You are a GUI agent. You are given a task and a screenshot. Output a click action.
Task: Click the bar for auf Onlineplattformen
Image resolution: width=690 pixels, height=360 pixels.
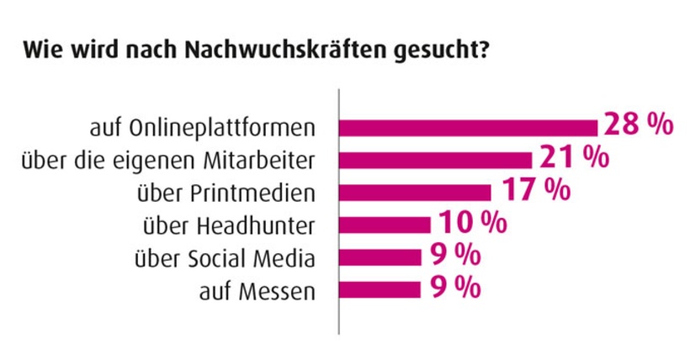click(468, 128)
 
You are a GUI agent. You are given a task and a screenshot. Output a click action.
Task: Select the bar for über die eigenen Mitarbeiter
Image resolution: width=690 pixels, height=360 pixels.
click(435, 160)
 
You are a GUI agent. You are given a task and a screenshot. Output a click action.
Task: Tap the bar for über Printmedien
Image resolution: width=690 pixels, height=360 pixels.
click(414, 193)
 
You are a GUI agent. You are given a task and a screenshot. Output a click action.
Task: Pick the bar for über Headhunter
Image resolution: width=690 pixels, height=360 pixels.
click(385, 225)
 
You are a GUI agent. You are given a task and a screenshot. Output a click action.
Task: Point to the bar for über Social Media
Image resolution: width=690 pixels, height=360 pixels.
click(379, 257)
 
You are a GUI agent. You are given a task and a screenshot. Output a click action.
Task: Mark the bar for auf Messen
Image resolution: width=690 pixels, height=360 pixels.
click(379, 290)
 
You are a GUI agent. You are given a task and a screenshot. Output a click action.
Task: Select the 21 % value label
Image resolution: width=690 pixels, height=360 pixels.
click(573, 157)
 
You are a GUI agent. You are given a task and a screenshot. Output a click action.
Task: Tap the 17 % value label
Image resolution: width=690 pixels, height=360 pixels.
click(536, 189)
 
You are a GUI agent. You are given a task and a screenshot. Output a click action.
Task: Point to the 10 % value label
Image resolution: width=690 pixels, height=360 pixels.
click(472, 223)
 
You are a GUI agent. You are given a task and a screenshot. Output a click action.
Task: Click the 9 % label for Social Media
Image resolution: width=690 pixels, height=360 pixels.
click(455, 255)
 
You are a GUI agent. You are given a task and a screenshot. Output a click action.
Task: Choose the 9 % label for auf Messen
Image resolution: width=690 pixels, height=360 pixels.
click(455, 288)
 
